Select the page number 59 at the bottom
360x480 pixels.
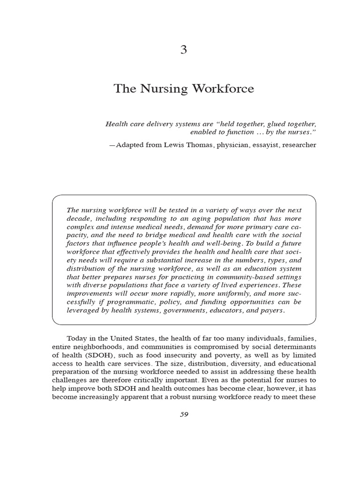[183, 414]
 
